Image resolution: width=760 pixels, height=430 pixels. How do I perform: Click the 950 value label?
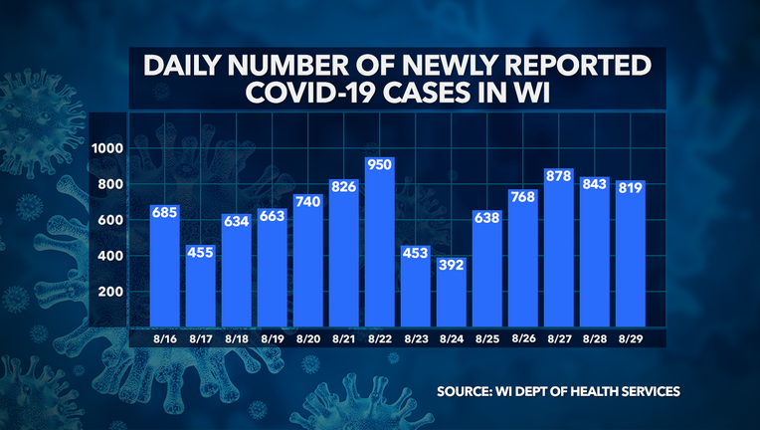tap(379, 165)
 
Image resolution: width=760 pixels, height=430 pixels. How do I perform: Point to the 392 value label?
tap(452, 265)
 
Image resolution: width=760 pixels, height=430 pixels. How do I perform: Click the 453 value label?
tap(415, 254)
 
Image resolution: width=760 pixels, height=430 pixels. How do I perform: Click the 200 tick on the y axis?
tap(109, 292)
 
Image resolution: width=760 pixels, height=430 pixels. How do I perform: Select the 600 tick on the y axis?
tap(109, 220)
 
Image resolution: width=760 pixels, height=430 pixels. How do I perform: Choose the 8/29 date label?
tap(630, 339)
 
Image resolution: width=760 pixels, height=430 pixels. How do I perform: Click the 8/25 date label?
tap(486, 339)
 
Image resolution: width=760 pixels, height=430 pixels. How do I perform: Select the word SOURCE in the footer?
tap(471, 390)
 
